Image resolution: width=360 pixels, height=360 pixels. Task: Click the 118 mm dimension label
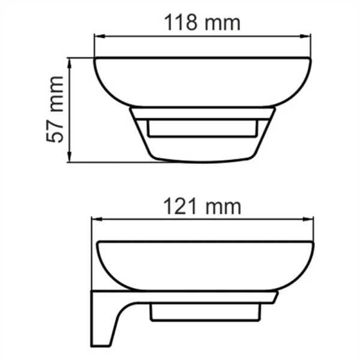202,23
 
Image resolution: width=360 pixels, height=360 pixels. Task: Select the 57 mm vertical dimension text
56,109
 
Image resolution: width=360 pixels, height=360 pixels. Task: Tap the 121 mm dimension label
202,206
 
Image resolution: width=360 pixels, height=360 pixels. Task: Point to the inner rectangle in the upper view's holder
202,127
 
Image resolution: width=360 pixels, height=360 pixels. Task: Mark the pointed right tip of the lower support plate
277,295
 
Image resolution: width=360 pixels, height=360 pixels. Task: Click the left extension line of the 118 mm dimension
94,47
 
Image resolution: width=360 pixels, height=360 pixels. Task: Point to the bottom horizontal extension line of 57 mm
108,161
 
